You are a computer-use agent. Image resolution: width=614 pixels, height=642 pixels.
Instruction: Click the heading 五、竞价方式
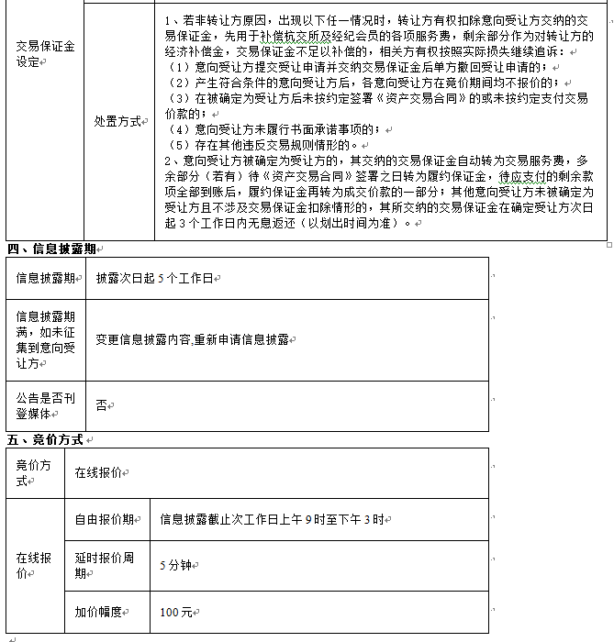click(46, 439)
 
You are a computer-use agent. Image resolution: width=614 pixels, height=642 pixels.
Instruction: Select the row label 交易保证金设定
click(45, 53)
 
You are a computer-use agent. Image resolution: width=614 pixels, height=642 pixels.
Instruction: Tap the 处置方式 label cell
click(118, 120)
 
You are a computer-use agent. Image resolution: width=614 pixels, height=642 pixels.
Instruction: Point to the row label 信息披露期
click(45, 278)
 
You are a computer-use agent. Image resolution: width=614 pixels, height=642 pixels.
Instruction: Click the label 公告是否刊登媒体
click(45, 404)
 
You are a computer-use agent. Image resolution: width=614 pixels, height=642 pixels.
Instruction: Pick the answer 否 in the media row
click(101, 404)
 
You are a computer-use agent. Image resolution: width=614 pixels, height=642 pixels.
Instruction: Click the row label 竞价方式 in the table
click(35, 472)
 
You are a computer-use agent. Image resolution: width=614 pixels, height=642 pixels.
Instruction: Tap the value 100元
click(175, 611)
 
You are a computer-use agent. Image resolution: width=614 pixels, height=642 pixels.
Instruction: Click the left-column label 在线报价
click(34, 565)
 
